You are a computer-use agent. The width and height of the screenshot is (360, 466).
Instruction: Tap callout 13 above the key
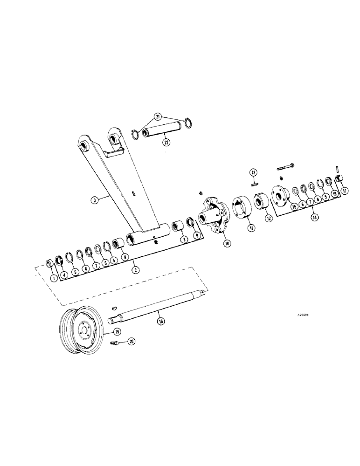pos(253,172)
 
